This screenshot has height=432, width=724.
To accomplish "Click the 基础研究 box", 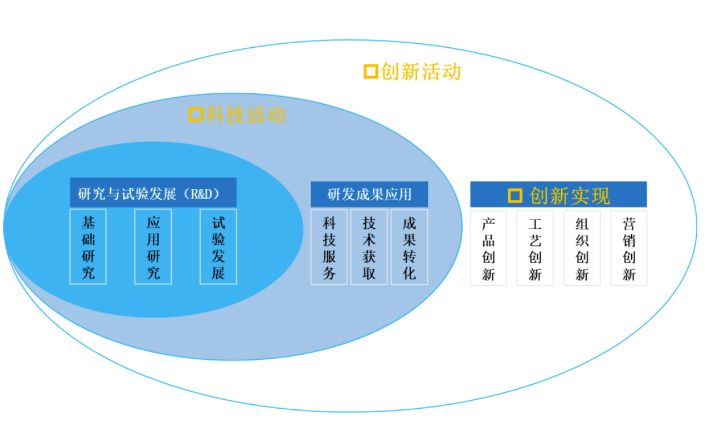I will [x=88, y=247].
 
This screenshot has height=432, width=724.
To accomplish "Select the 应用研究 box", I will [x=153, y=247].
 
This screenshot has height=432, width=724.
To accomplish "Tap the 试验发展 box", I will [x=218, y=247].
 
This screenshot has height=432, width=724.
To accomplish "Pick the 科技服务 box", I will [x=329, y=247].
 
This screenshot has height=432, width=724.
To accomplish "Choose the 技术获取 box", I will [x=369, y=247].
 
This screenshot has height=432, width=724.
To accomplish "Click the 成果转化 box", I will [x=410, y=247].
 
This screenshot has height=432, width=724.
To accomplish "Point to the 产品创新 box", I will [x=488, y=248].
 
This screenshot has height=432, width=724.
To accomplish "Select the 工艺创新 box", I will [x=535, y=248].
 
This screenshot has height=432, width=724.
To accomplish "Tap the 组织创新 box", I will [x=582, y=248].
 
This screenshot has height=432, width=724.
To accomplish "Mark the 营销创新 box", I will [x=629, y=248].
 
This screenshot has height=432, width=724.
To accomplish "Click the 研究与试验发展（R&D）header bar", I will [x=153, y=193].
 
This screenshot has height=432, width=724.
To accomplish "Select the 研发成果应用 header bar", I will [x=369, y=194].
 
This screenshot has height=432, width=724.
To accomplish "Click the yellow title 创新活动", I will [x=421, y=72].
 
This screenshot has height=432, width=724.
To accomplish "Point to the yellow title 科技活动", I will [x=245, y=114].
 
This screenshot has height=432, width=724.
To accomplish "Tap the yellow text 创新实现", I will [x=570, y=195].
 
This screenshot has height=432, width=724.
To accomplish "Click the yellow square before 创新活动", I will [x=371, y=72].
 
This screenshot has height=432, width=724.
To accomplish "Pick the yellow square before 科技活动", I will [x=195, y=114].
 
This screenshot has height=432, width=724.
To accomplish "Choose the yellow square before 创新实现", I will [x=515, y=195].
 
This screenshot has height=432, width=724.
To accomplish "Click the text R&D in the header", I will [x=201, y=194].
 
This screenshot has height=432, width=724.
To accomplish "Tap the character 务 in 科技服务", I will [x=329, y=273].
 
